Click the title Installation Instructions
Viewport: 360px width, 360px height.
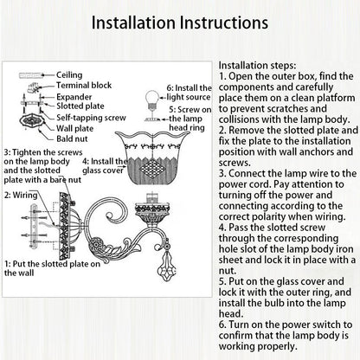[x=180, y=22]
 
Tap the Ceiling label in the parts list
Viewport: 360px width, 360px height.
[x=69, y=75]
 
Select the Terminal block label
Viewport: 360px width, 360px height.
[x=84, y=86]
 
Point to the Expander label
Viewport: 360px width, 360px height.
[x=74, y=97]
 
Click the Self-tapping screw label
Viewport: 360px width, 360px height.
[x=91, y=118]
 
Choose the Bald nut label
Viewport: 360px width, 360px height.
[x=72, y=138]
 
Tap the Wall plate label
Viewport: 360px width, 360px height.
[x=74, y=128]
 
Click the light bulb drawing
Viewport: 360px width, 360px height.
[x=152, y=100]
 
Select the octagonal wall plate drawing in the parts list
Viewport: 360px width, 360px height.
[x=32, y=121]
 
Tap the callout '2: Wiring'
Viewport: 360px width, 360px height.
[x=21, y=196]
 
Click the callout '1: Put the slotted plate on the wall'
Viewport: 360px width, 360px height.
[x=52, y=268]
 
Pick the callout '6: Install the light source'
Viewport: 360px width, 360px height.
[x=189, y=93]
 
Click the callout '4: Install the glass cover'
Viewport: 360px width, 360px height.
[x=105, y=166]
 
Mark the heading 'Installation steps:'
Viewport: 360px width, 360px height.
[x=257, y=66]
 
